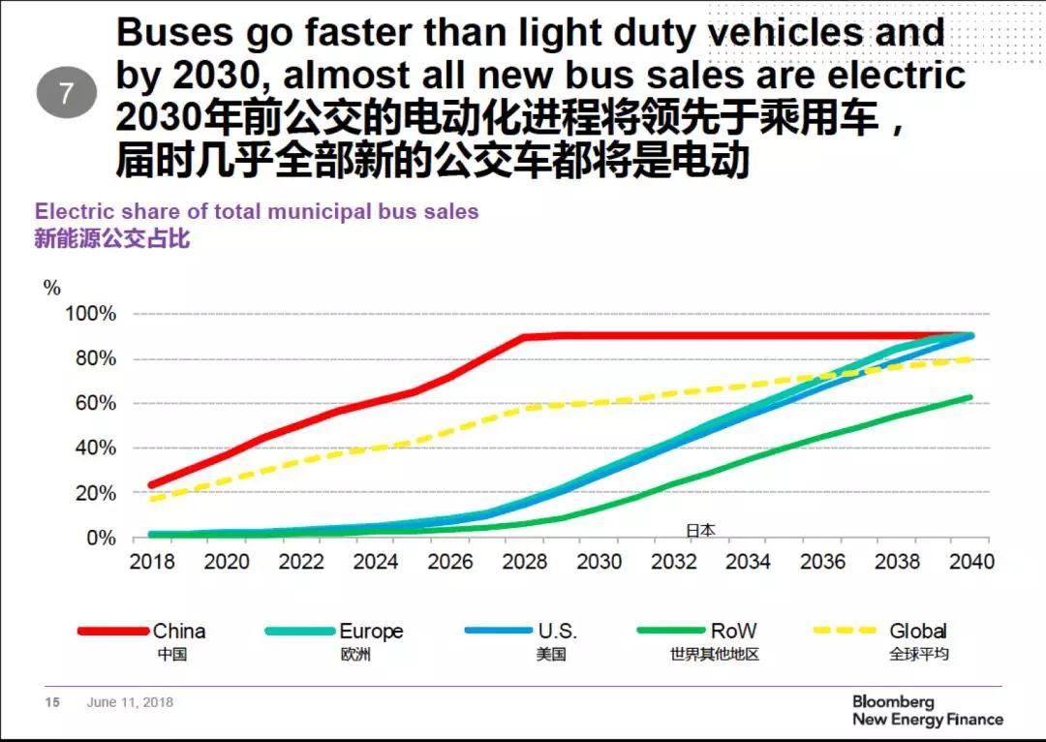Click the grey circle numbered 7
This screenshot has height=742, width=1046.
(66, 94)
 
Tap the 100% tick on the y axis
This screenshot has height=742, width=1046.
(90, 314)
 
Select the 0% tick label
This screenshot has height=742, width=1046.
(100, 538)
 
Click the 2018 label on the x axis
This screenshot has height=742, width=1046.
(152, 562)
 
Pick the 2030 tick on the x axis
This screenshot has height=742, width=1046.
(600, 562)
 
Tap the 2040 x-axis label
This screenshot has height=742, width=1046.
(971, 562)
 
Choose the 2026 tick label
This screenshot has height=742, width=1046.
(450, 562)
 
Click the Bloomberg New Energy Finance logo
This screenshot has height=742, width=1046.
(927, 710)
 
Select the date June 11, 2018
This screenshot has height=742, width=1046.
(130, 702)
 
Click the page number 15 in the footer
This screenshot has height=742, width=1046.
(52, 702)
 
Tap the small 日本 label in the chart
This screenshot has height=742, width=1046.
(700, 530)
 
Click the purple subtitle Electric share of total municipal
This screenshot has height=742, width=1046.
(257, 211)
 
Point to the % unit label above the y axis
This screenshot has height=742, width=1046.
(51, 288)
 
